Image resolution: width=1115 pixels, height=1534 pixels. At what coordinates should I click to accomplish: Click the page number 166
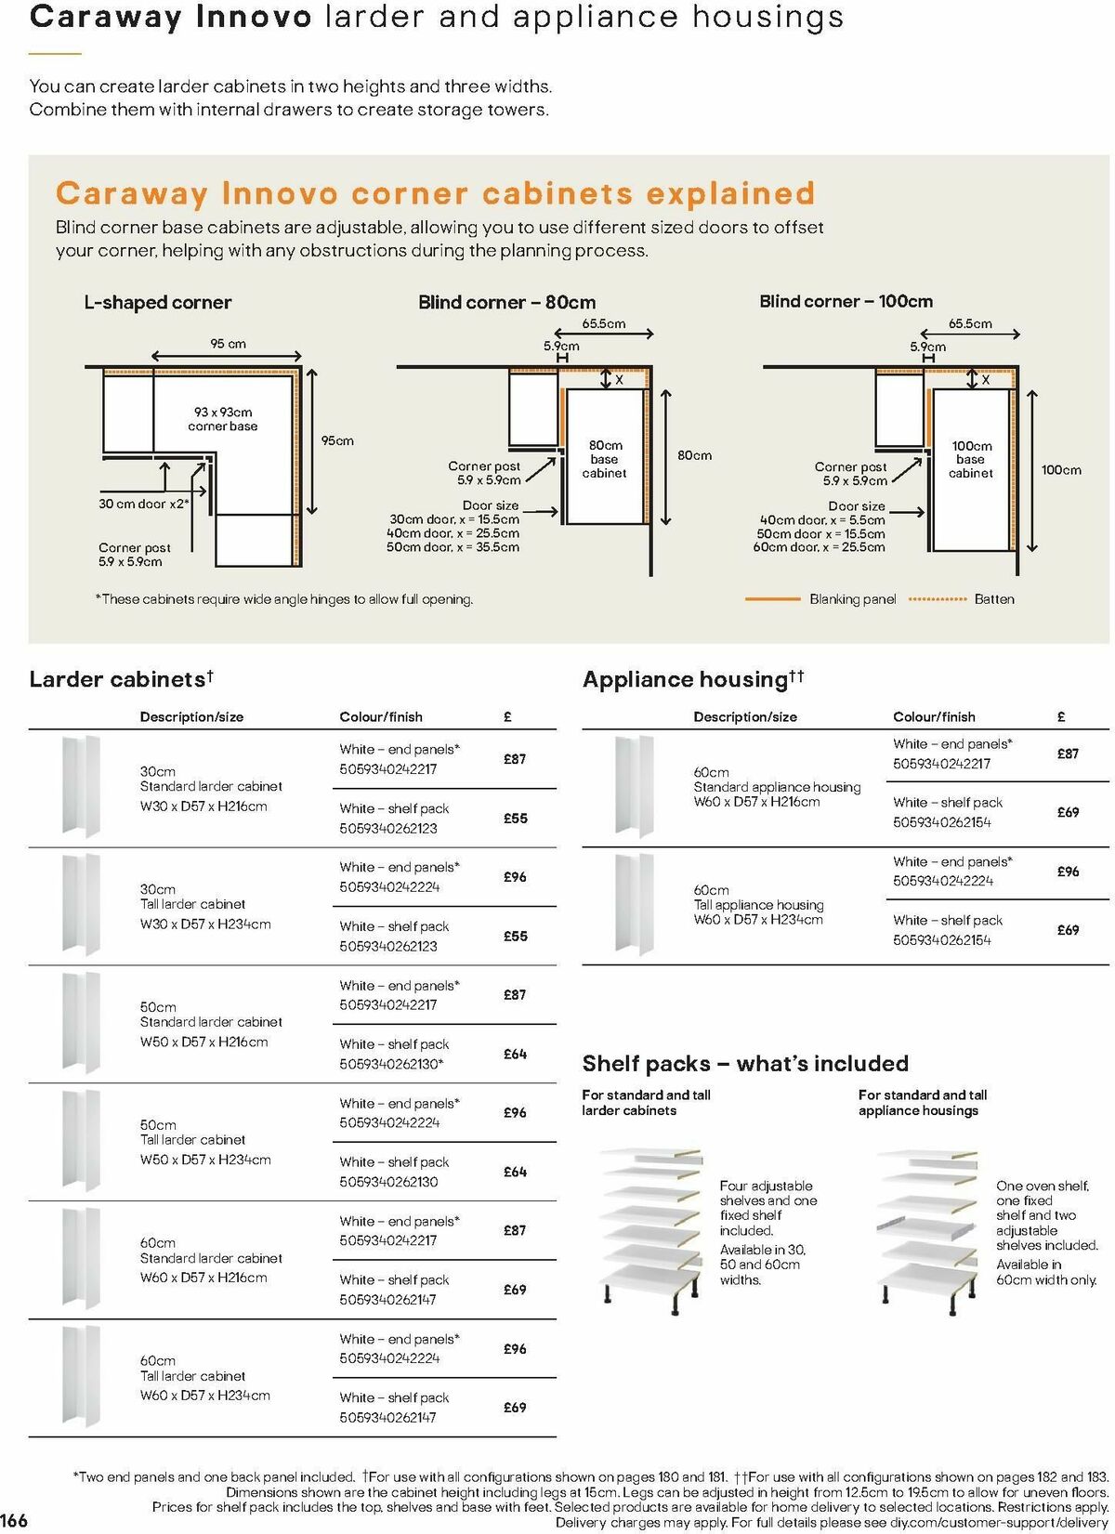pos(15,1520)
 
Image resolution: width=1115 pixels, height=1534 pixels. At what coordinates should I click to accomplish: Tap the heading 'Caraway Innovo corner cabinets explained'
pos(435,193)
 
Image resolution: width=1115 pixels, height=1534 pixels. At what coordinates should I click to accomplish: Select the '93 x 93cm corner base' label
pos(223,419)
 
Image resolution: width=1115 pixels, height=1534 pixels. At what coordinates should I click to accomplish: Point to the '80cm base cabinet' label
pos(605,459)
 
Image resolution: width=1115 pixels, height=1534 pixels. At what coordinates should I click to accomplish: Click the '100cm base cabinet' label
pos(971,459)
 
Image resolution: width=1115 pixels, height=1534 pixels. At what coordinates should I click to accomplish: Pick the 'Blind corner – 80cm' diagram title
pos(506,302)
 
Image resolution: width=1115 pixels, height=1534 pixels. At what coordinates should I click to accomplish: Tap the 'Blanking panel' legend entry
pos(852,599)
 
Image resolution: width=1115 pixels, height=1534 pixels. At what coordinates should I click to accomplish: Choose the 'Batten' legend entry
pos(994,599)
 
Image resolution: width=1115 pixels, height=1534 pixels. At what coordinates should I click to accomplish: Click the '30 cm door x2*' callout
pos(144,504)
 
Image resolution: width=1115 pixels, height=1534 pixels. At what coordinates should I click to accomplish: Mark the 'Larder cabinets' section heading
pos(118,679)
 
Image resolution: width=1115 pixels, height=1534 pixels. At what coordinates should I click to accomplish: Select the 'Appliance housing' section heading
pos(686,680)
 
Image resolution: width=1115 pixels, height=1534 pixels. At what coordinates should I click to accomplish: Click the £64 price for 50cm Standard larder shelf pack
pos(515,1054)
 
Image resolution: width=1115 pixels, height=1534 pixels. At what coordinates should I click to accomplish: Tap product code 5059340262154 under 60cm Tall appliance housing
pos(942,940)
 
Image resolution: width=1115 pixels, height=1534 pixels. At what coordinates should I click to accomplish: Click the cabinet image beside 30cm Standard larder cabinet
pos(81,786)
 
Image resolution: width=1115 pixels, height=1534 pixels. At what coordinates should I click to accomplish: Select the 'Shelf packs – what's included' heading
pos(745,1064)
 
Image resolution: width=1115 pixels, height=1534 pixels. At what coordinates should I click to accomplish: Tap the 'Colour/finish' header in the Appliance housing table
pos(934,717)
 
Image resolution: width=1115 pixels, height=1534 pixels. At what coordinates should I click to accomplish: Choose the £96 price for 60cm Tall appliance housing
pos(1068,872)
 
